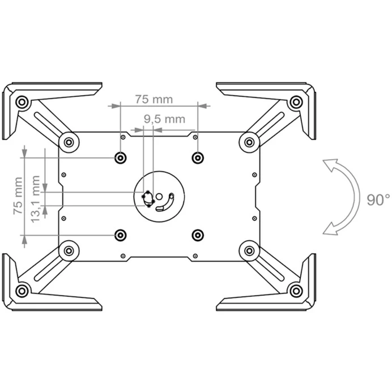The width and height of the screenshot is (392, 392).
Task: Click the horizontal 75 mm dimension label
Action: (x=154, y=99)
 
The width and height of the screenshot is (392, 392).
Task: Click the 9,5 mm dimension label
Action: (x=164, y=119)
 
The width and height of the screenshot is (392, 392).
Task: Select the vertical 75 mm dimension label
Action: (x=18, y=195)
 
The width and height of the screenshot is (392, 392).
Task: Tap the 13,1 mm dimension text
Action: (x=36, y=199)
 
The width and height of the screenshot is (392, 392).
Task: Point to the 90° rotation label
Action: (x=378, y=200)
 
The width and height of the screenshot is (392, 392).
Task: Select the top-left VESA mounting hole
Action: (x=120, y=157)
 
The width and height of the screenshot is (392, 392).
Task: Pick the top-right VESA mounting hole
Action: (x=198, y=157)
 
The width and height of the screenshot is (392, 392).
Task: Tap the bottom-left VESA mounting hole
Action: (x=120, y=235)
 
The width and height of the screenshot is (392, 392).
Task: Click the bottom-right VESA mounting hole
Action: (x=198, y=235)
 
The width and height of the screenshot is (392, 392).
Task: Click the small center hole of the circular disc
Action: (x=159, y=197)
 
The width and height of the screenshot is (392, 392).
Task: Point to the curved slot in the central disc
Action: (x=166, y=202)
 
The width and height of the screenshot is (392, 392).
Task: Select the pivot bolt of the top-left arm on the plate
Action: (x=69, y=143)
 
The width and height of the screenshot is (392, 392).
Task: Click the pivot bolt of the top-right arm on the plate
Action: (x=249, y=143)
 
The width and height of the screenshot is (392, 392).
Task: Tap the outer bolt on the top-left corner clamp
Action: (x=22, y=102)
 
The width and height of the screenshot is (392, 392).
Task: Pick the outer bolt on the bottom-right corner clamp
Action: (x=296, y=291)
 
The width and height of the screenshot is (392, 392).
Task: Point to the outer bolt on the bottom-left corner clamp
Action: (x=22, y=291)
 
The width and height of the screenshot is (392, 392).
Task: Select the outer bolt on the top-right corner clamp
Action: (x=296, y=102)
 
